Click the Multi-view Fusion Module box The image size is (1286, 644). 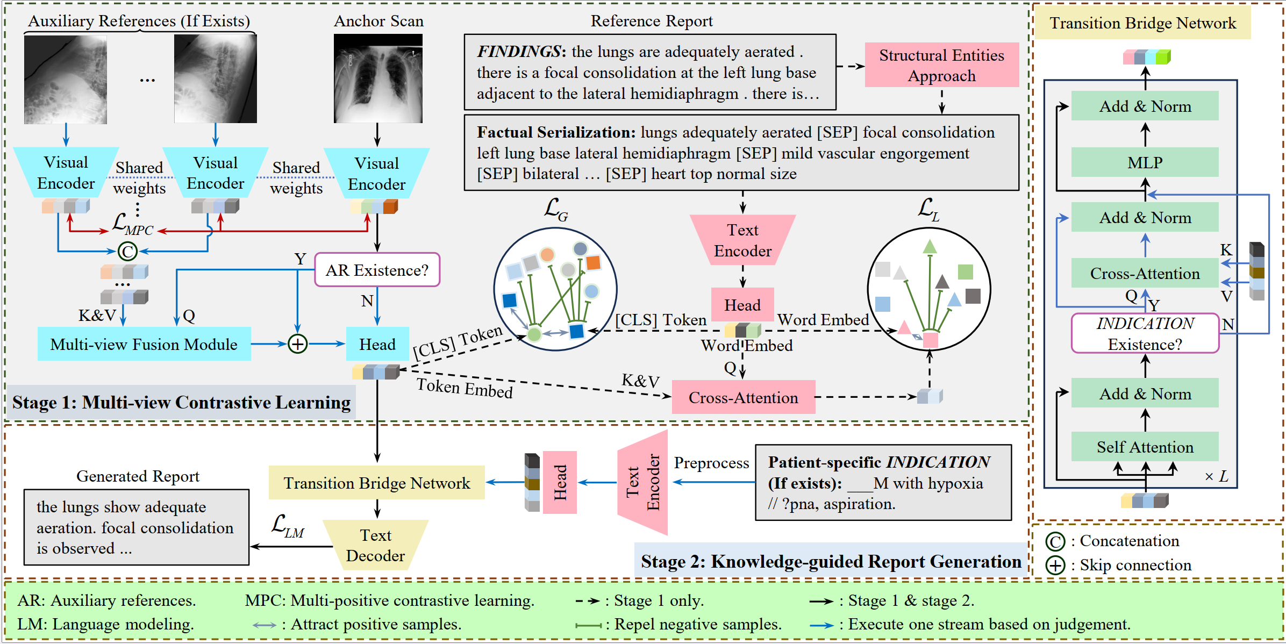point(144,344)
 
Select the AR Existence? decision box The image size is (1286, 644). point(377,270)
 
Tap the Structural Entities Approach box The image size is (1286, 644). point(941,65)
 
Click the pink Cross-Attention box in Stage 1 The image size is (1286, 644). point(743,397)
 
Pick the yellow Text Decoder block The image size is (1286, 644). point(376,545)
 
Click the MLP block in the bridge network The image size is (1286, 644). point(1145,162)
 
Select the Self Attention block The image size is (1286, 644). point(1145,447)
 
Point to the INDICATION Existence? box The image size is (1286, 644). point(1145,333)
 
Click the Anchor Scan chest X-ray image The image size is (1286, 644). point(378,78)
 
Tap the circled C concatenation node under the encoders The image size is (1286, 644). point(127,251)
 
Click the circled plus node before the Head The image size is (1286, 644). point(297,344)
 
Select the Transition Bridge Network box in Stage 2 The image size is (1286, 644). point(376,483)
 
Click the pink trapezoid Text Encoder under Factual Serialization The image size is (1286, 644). point(742,240)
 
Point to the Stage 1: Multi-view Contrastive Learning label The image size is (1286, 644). point(181,402)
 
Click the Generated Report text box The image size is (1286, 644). point(136,527)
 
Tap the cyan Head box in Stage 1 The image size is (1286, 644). point(377,344)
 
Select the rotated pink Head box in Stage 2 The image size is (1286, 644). point(560,482)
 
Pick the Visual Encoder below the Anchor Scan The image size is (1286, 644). point(376,174)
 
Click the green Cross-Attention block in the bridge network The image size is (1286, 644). point(1145,273)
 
